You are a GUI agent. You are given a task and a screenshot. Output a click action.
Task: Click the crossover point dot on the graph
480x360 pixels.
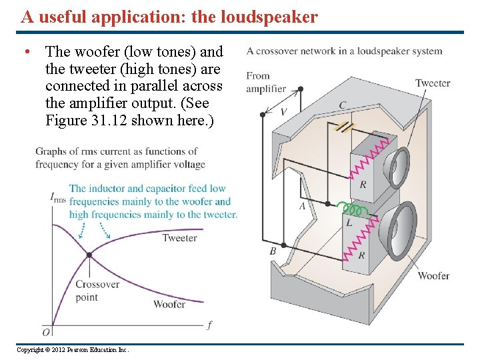click(x=89, y=255)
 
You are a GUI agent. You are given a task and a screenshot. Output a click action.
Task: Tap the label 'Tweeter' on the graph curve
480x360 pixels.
click(x=179, y=238)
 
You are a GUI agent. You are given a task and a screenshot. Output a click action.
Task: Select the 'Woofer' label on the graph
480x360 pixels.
click(x=169, y=304)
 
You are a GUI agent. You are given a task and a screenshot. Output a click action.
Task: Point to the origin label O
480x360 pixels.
click(x=46, y=331)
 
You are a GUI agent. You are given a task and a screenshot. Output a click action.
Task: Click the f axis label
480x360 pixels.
click(x=209, y=325)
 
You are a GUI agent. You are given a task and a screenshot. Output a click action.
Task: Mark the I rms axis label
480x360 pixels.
click(x=58, y=197)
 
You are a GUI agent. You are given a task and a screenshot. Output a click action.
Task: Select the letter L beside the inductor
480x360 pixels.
click(x=349, y=223)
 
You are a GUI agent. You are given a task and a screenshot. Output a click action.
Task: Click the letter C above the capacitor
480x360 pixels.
click(x=342, y=105)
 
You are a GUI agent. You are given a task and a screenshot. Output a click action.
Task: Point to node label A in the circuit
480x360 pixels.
click(x=302, y=207)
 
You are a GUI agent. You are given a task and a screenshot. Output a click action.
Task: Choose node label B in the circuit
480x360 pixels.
click(x=273, y=251)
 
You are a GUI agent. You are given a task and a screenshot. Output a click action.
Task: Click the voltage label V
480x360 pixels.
click(x=283, y=112)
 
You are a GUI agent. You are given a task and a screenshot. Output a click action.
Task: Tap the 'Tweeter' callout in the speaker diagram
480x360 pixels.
click(x=433, y=83)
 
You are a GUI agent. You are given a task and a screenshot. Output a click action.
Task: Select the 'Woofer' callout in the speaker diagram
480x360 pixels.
click(x=433, y=275)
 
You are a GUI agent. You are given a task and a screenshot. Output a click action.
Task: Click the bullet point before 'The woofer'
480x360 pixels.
click(x=25, y=52)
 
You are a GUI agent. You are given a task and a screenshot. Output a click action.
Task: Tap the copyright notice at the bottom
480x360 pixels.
click(x=73, y=350)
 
